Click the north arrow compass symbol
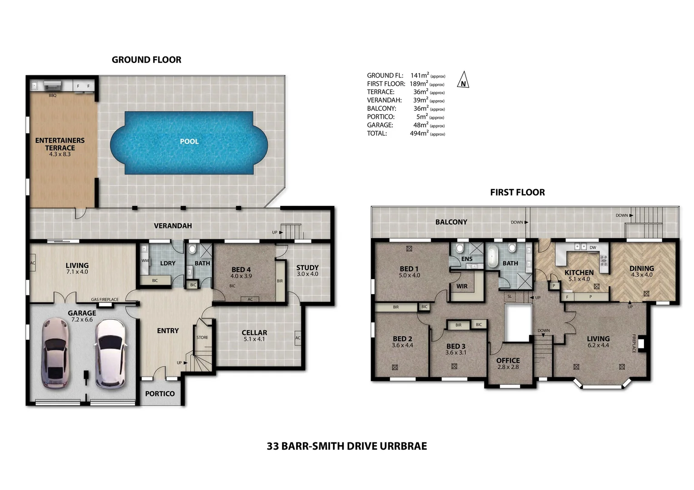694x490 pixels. coord(463,80)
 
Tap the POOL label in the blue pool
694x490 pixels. coord(189,142)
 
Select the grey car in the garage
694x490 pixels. coord(55,353)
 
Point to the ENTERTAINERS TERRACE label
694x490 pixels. coord(60,144)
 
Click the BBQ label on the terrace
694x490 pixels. coord(53,96)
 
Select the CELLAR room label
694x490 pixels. coord(254,333)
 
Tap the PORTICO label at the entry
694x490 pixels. coord(160,394)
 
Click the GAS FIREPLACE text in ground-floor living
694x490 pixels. coord(104,299)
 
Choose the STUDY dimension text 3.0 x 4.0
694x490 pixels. coord(307,274)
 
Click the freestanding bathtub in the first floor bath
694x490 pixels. coord(492,258)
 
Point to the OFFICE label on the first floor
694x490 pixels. coord(508,361)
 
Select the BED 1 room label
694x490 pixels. coord(409,269)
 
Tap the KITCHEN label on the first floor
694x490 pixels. coord(579,273)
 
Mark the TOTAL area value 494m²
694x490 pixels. coord(419,133)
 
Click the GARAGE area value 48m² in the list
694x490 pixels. coord(421,125)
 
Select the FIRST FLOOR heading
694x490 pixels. coord(517,192)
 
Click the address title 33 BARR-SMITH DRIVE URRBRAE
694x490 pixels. coord(347,446)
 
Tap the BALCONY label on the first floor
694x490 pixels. coord(451,222)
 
